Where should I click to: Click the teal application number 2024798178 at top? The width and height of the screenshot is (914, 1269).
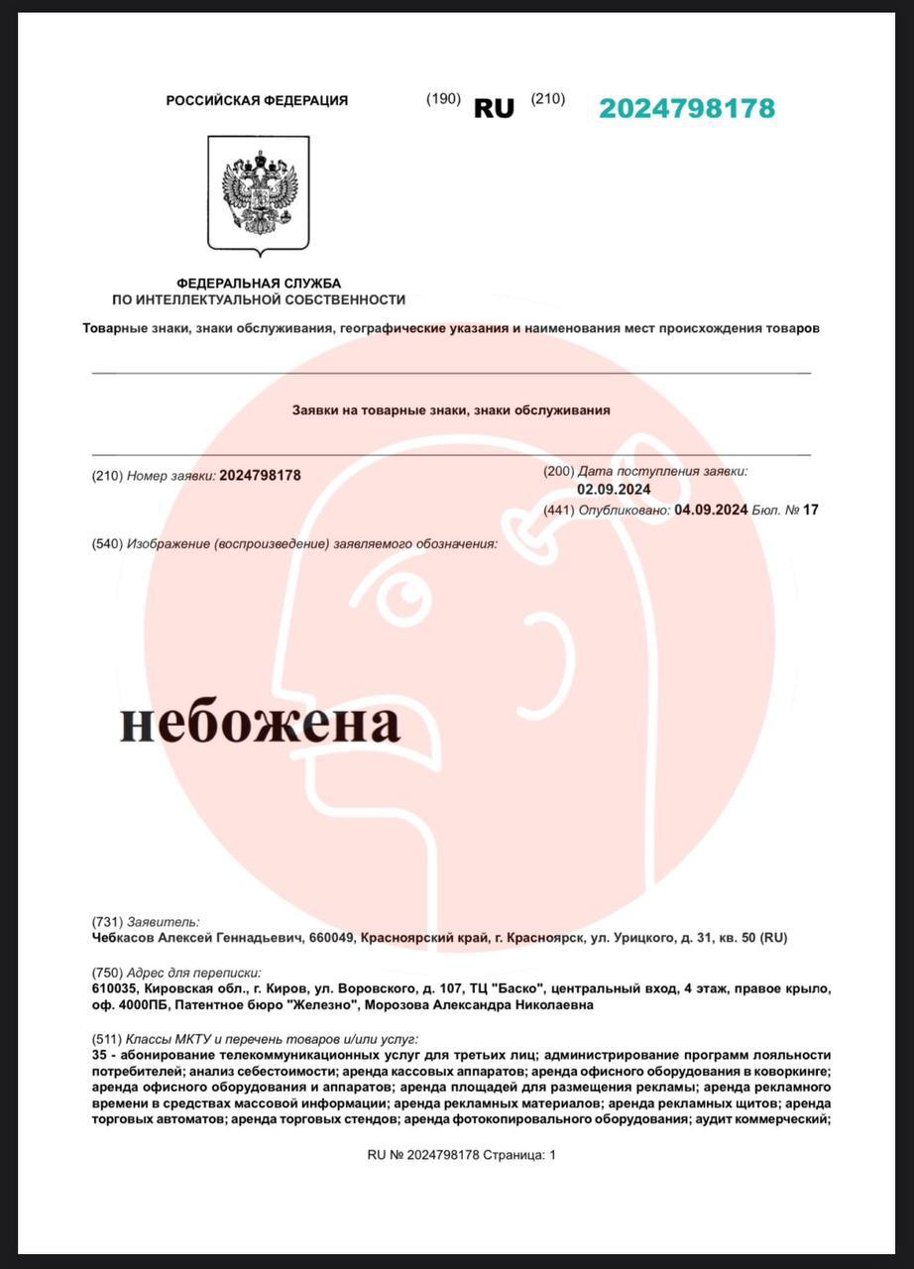coord(686,108)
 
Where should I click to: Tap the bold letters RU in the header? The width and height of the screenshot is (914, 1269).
coord(494,109)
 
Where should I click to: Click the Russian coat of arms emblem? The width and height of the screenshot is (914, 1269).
coord(259,193)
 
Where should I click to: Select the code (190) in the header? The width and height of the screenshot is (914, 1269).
coord(443,99)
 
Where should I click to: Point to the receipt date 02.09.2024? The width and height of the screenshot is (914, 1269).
coord(614,489)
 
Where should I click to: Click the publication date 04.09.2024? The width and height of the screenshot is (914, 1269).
coord(711,511)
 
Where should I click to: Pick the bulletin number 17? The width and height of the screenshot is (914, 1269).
coord(811,511)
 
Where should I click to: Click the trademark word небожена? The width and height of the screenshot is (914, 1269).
coord(261,725)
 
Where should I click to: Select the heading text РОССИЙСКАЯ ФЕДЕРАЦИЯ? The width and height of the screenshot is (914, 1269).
coord(257,100)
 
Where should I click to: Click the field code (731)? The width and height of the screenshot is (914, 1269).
coord(107,921)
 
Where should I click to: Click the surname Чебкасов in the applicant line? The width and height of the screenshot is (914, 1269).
coord(123,937)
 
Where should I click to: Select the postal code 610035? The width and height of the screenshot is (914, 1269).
coord(115,989)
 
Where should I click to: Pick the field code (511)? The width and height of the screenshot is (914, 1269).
coord(107,1039)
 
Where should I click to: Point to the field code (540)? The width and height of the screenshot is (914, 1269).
coord(107,543)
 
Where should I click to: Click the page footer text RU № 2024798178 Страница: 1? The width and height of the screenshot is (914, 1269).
coord(462,1155)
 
